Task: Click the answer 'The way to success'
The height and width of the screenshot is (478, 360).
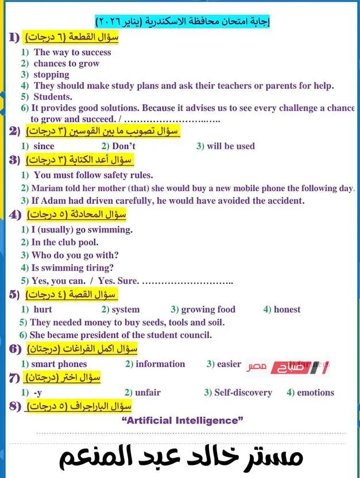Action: pyautogui.click(x=72, y=52)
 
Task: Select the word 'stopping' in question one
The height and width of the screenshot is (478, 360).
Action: pyautogui.click(x=51, y=75)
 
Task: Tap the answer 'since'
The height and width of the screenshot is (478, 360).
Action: pyautogui.click(x=44, y=146)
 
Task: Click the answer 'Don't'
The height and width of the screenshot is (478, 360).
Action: pyautogui.click(x=123, y=146)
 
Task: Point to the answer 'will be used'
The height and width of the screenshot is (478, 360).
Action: pyautogui.click(x=230, y=146)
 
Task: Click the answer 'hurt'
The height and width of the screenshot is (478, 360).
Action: pyautogui.click(x=43, y=309)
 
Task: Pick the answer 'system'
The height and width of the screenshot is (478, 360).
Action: pyautogui.click(x=125, y=309)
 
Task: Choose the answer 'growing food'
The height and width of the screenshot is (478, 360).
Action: pyautogui.click(x=208, y=309)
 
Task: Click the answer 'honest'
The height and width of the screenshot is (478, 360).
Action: pyautogui.click(x=287, y=309)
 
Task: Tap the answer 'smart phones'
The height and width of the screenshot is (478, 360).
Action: pyautogui.click(x=59, y=364)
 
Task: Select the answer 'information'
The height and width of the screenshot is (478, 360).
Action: pyautogui.click(x=160, y=364)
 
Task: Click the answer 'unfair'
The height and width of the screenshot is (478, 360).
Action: pyautogui.click(x=148, y=392)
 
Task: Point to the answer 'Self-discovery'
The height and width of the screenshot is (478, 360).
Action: pyautogui.click(x=243, y=392)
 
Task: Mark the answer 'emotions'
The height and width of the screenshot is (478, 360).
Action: pyautogui.click(x=315, y=392)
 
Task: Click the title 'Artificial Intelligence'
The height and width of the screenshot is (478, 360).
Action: pyautogui.click(x=183, y=421)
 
